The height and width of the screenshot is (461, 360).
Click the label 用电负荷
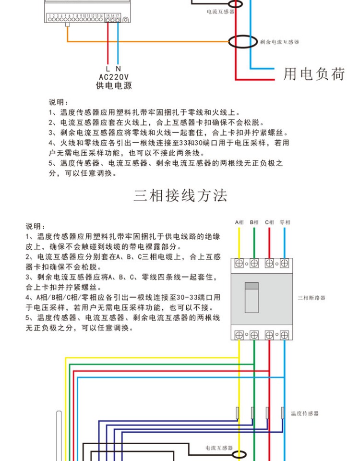pos(314,74)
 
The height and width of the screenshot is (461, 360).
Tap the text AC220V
pos(113,77)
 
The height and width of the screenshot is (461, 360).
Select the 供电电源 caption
pos(113,86)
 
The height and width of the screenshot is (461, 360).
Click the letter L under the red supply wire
pos(108,69)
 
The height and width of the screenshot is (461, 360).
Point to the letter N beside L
pos(118,69)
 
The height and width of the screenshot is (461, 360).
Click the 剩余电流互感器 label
pos(279,42)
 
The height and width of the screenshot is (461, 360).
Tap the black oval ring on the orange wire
pos(242,41)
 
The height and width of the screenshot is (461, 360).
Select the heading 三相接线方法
pos(180,196)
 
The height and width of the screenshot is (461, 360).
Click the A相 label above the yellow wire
pos(240,222)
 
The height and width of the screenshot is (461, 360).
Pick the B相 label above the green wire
pos(254,222)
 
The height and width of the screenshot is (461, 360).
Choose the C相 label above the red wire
pos(269,222)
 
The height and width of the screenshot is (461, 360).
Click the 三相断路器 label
pos(312,298)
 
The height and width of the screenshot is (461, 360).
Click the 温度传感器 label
pos(305,413)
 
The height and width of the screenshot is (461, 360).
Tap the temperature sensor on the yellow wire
pos(238,412)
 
